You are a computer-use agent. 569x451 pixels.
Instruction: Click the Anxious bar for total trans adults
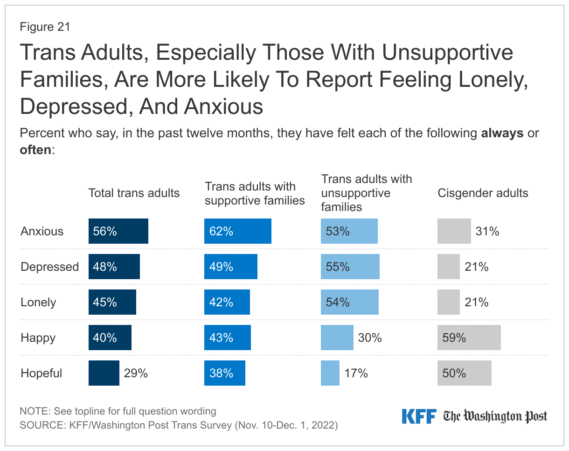click(x=118, y=231)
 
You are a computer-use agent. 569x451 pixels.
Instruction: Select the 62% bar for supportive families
click(x=238, y=231)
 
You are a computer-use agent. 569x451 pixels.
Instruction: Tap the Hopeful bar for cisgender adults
click(x=465, y=373)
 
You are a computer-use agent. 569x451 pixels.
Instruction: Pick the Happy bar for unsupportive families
click(x=337, y=338)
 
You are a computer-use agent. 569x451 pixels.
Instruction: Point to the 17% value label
click(x=356, y=373)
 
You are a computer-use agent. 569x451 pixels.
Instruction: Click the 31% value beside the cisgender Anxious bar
click(x=487, y=231)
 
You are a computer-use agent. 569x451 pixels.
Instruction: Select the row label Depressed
click(x=50, y=267)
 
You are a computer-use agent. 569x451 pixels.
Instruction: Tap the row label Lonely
click(x=38, y=302)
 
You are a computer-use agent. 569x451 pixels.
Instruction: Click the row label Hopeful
click(x=42, y=373)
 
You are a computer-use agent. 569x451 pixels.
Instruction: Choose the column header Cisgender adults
click(x=483, y=193)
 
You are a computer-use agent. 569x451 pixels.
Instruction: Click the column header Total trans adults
click(x=134, y=193)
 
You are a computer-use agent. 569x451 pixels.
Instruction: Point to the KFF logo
click(x=419, y=416)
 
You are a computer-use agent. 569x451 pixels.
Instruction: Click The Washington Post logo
click(x=495, y=416)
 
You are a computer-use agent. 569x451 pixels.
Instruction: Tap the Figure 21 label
click(x=45, y=27)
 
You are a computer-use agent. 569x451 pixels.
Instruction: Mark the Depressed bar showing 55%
click(x=350, y=267)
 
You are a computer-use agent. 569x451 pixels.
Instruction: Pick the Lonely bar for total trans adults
click(x=112, y=302)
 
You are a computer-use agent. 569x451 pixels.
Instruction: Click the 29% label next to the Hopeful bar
click(x=136, y=373)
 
